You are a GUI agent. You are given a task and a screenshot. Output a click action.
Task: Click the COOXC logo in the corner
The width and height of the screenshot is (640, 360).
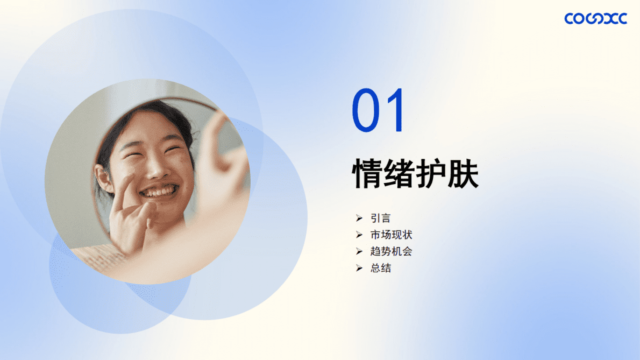[595, 19]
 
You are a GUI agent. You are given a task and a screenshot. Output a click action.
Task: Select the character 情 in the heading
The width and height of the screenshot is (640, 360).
[367, 173]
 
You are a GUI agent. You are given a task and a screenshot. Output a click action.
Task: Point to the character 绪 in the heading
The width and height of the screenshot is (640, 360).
[400, 173]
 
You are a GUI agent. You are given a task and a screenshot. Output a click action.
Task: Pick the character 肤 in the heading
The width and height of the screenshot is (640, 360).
[463, 173]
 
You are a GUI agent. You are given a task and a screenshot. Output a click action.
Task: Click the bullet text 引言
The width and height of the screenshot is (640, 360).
[380, 218]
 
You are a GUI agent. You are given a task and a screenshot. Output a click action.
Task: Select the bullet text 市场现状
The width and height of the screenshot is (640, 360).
[391, 235]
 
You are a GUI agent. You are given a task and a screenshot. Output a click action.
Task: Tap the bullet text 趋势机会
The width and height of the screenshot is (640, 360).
[391, 251]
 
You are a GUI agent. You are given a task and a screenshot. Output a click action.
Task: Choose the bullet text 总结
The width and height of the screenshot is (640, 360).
[380, 268]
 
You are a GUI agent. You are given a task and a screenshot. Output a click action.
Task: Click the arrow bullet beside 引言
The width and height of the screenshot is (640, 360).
[359, 218]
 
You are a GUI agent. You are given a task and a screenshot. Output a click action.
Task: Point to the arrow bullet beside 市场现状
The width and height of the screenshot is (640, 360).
[359, 235]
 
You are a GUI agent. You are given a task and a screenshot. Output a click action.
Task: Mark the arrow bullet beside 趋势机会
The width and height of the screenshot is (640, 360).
[359, 251]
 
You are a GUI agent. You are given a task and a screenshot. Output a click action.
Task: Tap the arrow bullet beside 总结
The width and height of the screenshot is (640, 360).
[359, 268]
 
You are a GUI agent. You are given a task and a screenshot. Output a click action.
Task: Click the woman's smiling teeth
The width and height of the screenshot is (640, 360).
[159, 192]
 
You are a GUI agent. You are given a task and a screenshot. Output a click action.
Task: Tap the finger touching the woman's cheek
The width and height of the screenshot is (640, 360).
[127, 186]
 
